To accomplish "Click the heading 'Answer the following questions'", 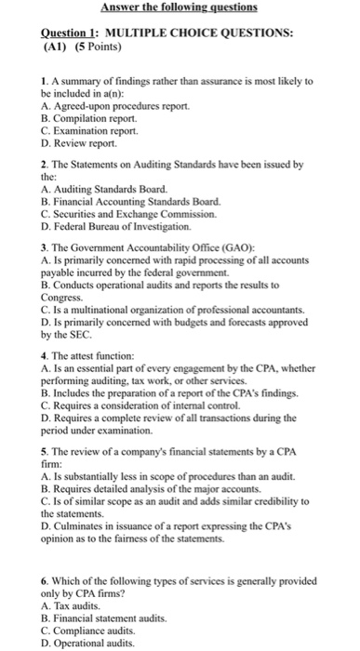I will pyautogui.click(x=180, y=9).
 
